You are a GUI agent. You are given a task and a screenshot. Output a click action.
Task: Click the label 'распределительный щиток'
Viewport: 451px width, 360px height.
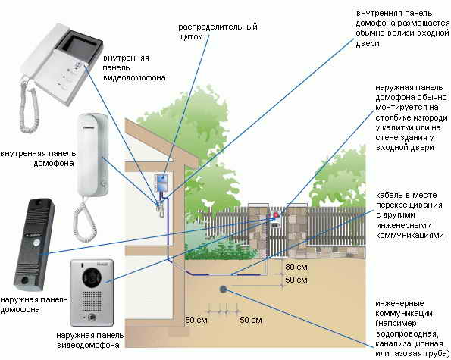218,32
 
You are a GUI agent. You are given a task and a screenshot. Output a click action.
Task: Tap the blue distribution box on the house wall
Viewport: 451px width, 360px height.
161,183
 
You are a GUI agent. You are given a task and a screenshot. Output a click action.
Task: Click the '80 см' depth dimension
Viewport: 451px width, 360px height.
296,267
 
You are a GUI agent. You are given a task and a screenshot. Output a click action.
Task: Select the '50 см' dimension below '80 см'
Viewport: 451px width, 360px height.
296,280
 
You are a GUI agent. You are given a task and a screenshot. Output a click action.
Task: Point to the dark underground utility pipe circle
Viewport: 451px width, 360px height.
223,289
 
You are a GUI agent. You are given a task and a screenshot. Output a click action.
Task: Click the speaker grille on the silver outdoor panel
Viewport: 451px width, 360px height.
92,301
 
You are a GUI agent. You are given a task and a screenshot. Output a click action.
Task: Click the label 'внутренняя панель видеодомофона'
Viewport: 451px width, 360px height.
134,68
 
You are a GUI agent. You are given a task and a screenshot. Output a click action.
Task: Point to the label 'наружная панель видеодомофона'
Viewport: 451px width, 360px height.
89,340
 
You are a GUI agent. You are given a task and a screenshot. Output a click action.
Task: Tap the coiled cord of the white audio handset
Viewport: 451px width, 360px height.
83,220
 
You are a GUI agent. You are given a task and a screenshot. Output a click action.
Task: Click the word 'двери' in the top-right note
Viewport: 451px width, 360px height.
368,44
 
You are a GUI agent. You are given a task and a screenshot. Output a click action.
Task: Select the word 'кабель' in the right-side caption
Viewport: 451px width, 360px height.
389,195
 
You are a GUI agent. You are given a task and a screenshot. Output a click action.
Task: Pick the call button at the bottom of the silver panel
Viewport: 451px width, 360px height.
92,318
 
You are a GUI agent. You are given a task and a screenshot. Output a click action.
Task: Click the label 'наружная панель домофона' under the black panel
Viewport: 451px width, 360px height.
34,305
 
